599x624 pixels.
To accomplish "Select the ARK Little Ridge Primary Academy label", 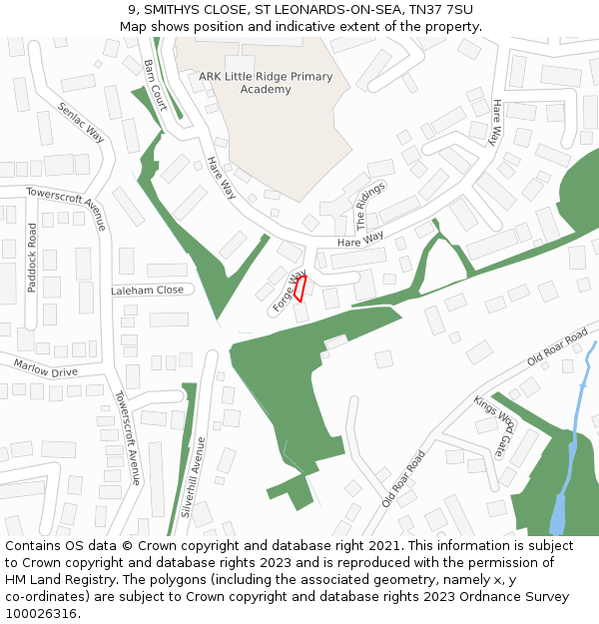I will (252, 83).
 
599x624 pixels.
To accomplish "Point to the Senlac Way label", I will (81, 122).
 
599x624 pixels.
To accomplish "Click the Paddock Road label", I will (32, 258).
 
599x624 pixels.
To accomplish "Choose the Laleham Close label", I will (148, 290).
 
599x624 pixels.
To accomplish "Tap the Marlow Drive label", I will (45, 368).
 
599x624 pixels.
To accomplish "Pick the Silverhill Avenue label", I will (192, 475).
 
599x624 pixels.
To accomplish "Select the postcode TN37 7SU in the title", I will (440, 10).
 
